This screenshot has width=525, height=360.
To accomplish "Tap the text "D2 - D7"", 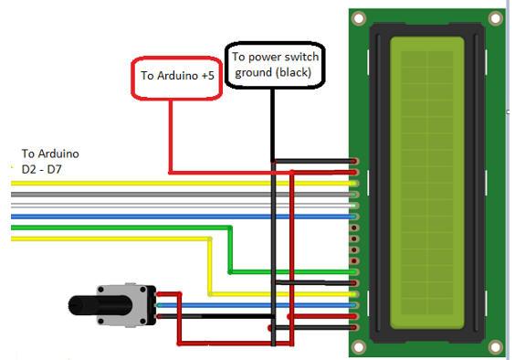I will pos(43,170).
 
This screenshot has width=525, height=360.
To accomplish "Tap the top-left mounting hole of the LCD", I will pos(360,17).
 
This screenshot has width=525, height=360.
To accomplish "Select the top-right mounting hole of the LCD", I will pos(495,17).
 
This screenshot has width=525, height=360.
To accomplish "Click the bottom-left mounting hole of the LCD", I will pos(360,346).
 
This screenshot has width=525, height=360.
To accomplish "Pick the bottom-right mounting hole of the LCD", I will pos(495,346).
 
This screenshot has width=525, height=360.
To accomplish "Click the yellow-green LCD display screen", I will pos(427,183).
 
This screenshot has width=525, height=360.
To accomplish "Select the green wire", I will pos(119,228).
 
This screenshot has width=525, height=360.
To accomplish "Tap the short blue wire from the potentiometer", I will pos(256,305).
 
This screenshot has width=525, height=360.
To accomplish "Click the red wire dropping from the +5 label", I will pos(170,137).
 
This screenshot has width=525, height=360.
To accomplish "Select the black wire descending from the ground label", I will pos(271,128).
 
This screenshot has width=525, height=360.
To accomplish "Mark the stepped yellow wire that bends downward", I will pos(110,239).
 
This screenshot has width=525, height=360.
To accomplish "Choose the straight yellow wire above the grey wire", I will pos(137,184).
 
